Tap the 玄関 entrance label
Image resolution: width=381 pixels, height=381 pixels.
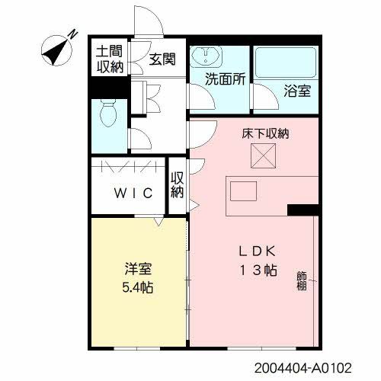(x=161, y=59)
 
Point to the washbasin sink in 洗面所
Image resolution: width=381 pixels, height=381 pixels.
(x=203, y=57)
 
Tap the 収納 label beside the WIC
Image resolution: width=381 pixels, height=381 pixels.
(x=178, y=185)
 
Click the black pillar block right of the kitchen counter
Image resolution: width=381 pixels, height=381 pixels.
(x=301, y=209)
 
